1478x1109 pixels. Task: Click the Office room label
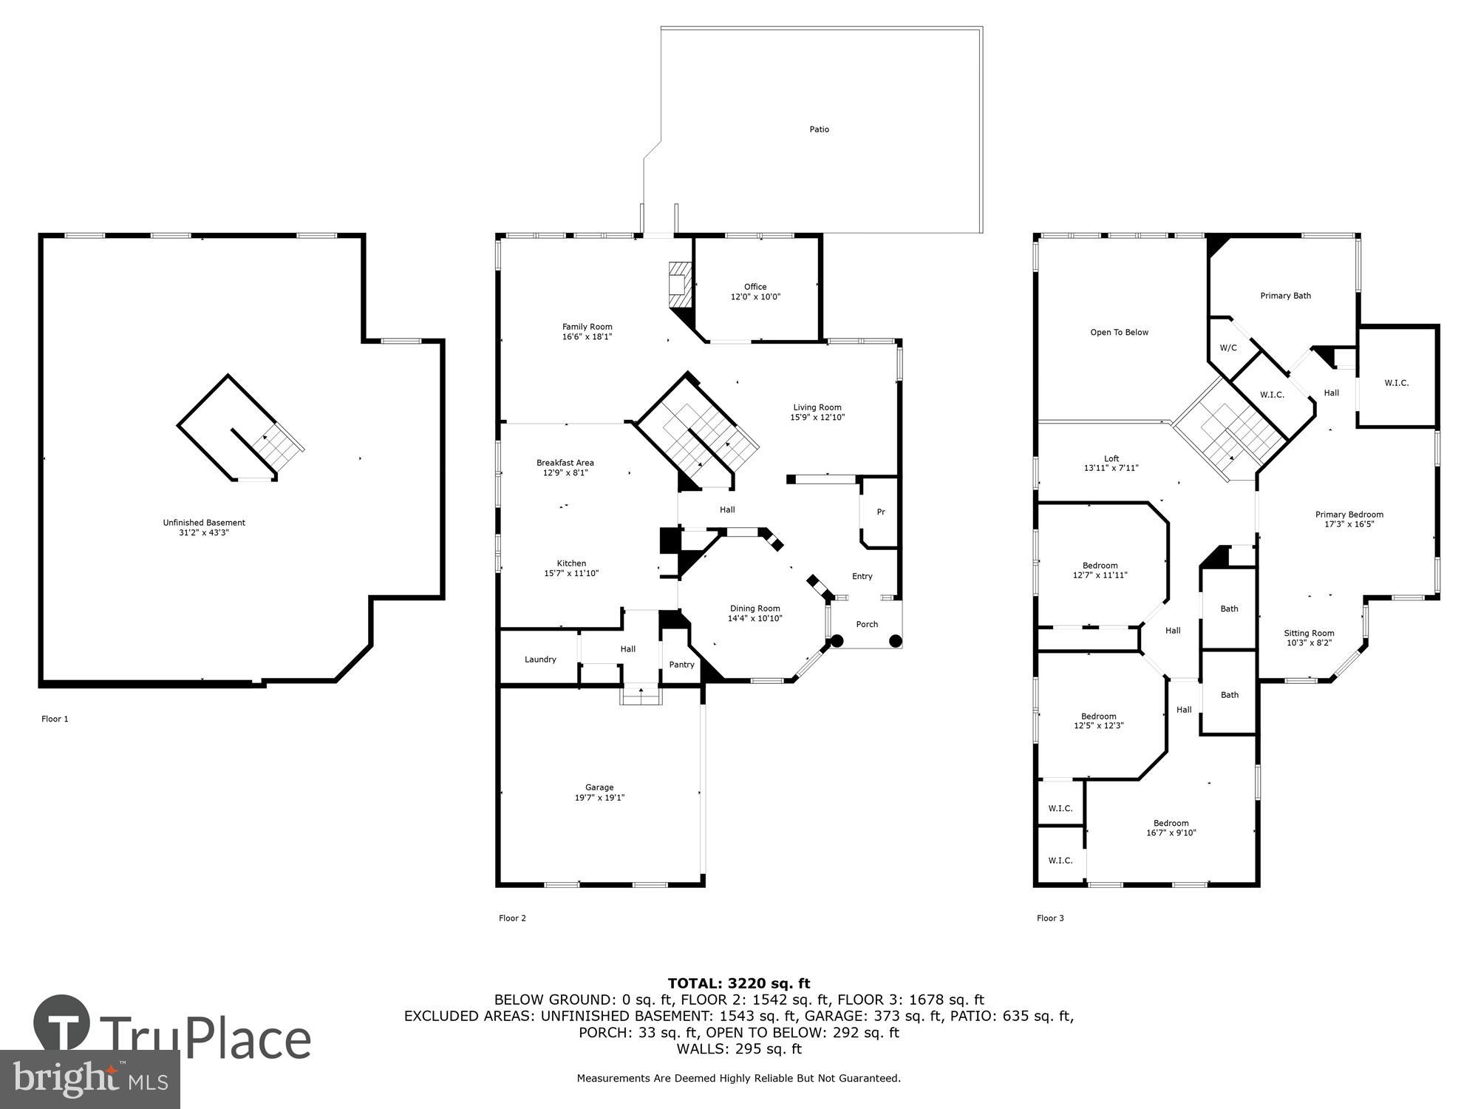pyautogui.click(x=755, y=287)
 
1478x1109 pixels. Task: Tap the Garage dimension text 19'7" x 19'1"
pyautogui.click(x=599, y=798)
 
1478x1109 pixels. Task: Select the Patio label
pyautogui.click(x=819, y=129)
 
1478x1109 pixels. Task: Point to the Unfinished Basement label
pyautogui.click(x=204, y=523)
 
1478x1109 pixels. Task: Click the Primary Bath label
pyautogui.click(x=1285, y=296)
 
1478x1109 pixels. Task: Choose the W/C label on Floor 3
pyautogui.click(x=1227, y=347)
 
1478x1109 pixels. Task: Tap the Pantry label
pyautogui.click(x=681, y=665)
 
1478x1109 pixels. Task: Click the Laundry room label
pyautogui.click(x=540, y=659)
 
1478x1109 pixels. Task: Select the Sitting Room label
pyautogui.click(x=1309, y=633)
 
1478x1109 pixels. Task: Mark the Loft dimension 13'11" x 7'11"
pyautogui.click(x=1111, y=468)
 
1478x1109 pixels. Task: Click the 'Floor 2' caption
pyautogui.click(x=512, y=918)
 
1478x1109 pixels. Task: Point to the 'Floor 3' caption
pyautogui.click(x=1050, y=918)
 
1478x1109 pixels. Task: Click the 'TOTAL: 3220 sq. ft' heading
pyautogui.click(x=739, y=983)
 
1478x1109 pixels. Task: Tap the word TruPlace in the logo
pyautogui.click(x=205, y=1039)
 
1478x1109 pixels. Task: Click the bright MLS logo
pyautogui.click(x=89, y=1079)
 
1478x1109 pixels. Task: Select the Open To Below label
pyautogui.click(x=1119, y=333)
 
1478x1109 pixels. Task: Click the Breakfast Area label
pyautogui.click(x=565, y=463)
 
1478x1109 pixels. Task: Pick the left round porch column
pyautogui.click(x=837, y=641)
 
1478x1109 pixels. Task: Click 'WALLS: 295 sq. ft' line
pyautogui.click(x=739, y=1048)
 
